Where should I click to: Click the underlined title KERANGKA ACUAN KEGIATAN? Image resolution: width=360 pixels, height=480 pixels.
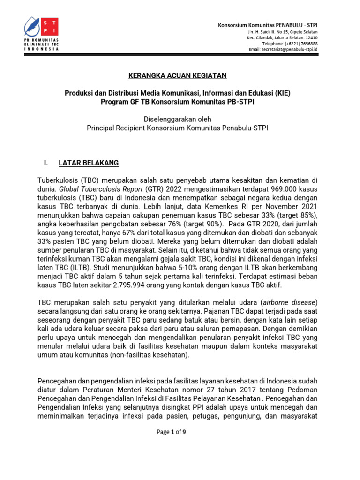click(178, 75)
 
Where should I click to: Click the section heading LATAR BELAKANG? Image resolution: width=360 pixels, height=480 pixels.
click(89, 163)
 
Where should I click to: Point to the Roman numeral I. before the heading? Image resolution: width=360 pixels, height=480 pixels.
click(46, 163)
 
